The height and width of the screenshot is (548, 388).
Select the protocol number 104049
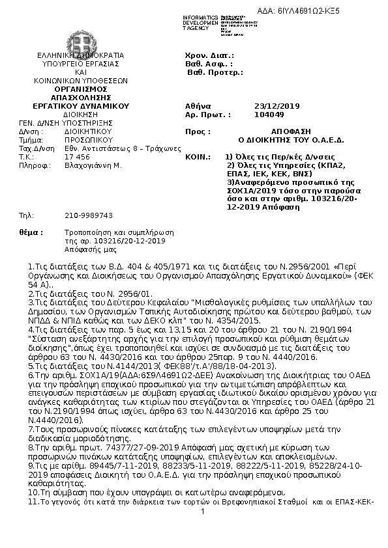point(266,114)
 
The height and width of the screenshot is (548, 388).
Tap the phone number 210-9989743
point(89,215)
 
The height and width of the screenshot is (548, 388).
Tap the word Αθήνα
point(198,105)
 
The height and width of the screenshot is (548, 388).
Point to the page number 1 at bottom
point(203,512)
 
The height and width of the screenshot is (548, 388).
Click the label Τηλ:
point(27,215)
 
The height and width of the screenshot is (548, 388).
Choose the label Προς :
point(196,131)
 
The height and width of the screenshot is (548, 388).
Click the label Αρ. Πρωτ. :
point(208,114)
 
